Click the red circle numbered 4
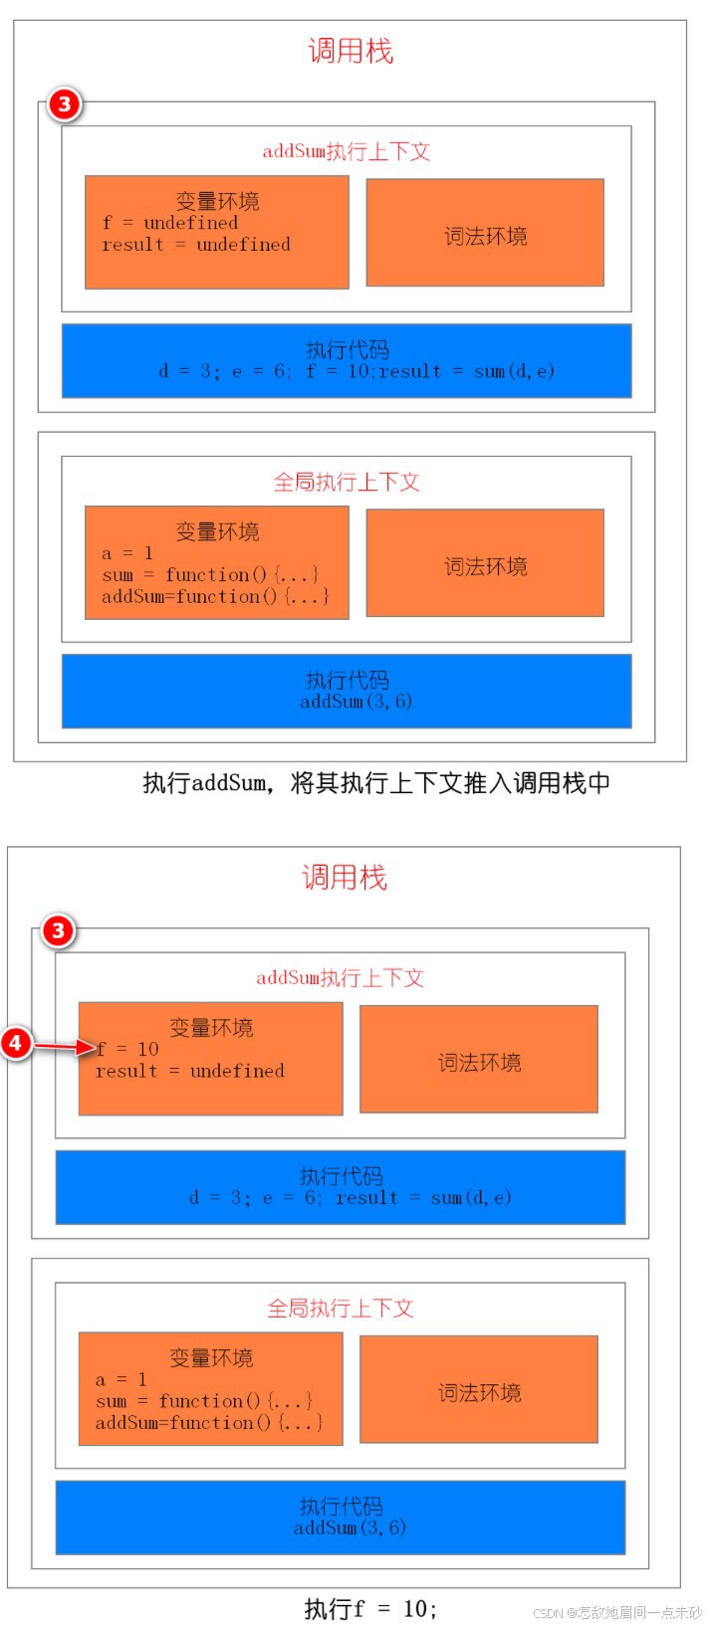[x=17, y=1043]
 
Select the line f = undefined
[x=170, y=223]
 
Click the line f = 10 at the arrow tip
[x=128, y=1049]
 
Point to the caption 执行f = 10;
[x=369, y=1608]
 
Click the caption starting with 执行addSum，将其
[x=376, y=783]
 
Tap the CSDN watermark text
[x=617, y=1613]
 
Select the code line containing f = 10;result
[x=356, y=371]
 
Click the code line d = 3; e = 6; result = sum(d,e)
[x=351, y=1198]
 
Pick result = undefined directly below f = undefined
[x=196, y=245]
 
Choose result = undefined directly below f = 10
[x=190, y=1072]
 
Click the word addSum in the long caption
[x=229, y=783]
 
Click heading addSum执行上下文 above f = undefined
[x=346, y=151]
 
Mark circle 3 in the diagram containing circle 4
[x=58, y=931]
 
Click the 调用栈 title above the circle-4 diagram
[x=345, y=877]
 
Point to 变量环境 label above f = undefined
[x=217, y=200]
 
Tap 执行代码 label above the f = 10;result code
[x=347, y=349]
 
